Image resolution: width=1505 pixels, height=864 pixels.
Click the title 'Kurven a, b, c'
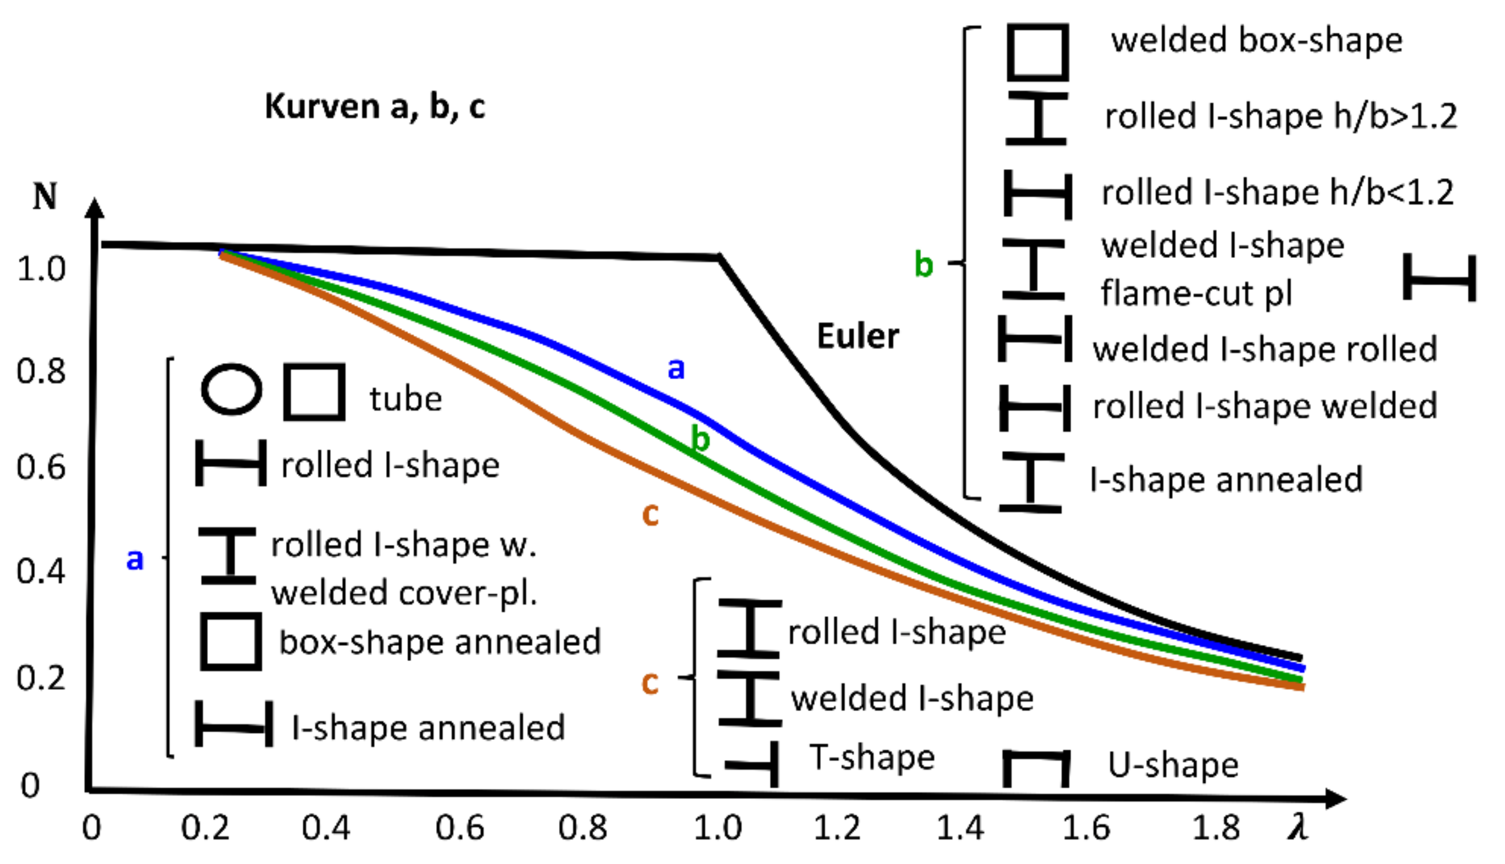[x=374, y=107]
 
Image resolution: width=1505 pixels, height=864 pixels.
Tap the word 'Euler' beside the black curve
[x=858, y=336]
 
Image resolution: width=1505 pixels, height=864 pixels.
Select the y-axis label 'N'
[x=45, y=196]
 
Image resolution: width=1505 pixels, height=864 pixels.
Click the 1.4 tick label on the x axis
[x=959, y=827]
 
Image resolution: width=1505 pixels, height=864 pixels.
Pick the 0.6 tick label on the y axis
[x=41, y=467]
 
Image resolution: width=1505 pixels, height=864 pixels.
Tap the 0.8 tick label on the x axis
[x=582, y=827]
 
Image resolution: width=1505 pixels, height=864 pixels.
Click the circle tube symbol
[x=231, y=390]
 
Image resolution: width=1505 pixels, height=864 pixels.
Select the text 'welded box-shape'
[x=1256, y=41]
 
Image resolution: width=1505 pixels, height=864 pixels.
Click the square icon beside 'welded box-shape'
[x=1037, y=52]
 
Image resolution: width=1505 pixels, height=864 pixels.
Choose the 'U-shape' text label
[x=1174, y=765]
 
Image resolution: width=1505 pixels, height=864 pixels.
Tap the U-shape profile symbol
[x=1036, y=768]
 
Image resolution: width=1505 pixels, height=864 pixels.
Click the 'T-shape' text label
[x=872, y=757]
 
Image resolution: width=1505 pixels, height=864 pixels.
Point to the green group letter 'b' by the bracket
[x=923, y=264]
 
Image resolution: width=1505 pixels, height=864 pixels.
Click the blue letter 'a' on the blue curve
[x=676, y=369]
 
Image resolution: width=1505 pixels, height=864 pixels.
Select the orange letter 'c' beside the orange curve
[x=650, y=514]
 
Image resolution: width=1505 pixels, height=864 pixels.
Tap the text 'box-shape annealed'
[x=440, y=642]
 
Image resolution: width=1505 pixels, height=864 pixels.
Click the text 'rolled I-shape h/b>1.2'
[x=1281, y=116]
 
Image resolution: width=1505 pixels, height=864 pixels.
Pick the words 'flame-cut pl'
[x=1196, y=293]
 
